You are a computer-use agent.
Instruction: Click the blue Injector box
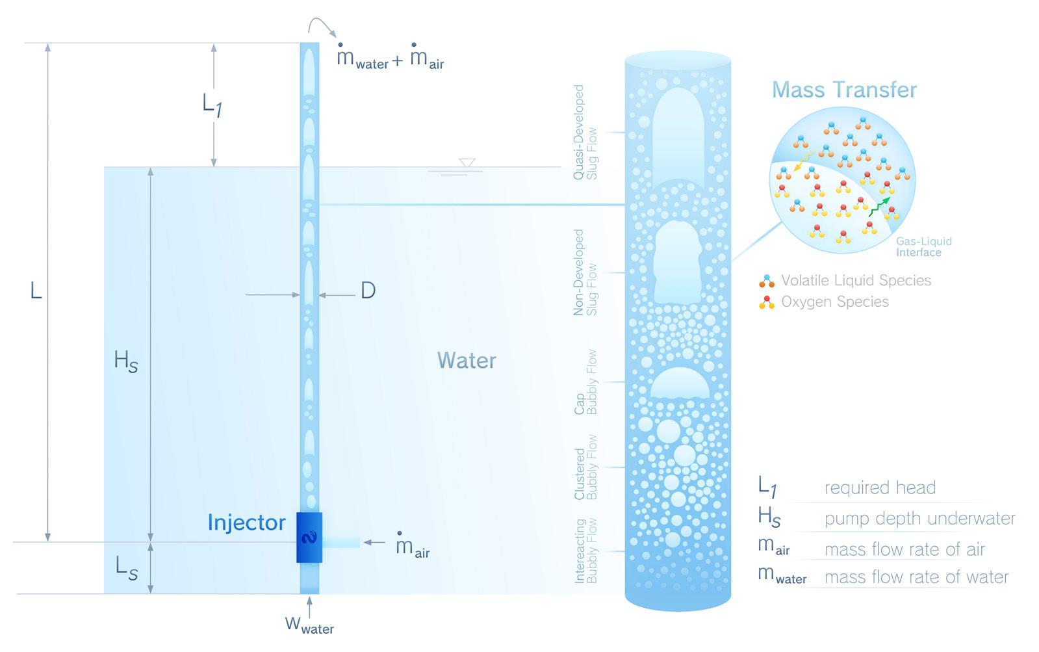tap(309, 538)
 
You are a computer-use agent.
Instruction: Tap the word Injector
tap(246, 523)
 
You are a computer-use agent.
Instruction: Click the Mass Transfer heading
tap(844, 90)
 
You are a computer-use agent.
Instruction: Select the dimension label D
tap(368, 291)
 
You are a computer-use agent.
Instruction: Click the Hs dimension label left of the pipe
tap(125, 361)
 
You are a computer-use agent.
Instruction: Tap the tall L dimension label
tap(36, 291)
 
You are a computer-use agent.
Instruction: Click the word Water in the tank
tap(467, 361)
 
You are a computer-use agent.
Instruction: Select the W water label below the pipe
tap(309, 625)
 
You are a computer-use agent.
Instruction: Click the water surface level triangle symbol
tap(466, 163)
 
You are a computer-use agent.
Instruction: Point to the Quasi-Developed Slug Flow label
tap(585, 132)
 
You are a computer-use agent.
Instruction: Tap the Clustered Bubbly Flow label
tap(585, 467)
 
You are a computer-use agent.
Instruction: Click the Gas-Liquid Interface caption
tap(923, 246)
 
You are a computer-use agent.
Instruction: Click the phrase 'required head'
tap(880, 488)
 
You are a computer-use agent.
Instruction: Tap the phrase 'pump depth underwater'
tap(919, 518)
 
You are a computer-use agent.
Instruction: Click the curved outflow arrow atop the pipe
tap(322, 26)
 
